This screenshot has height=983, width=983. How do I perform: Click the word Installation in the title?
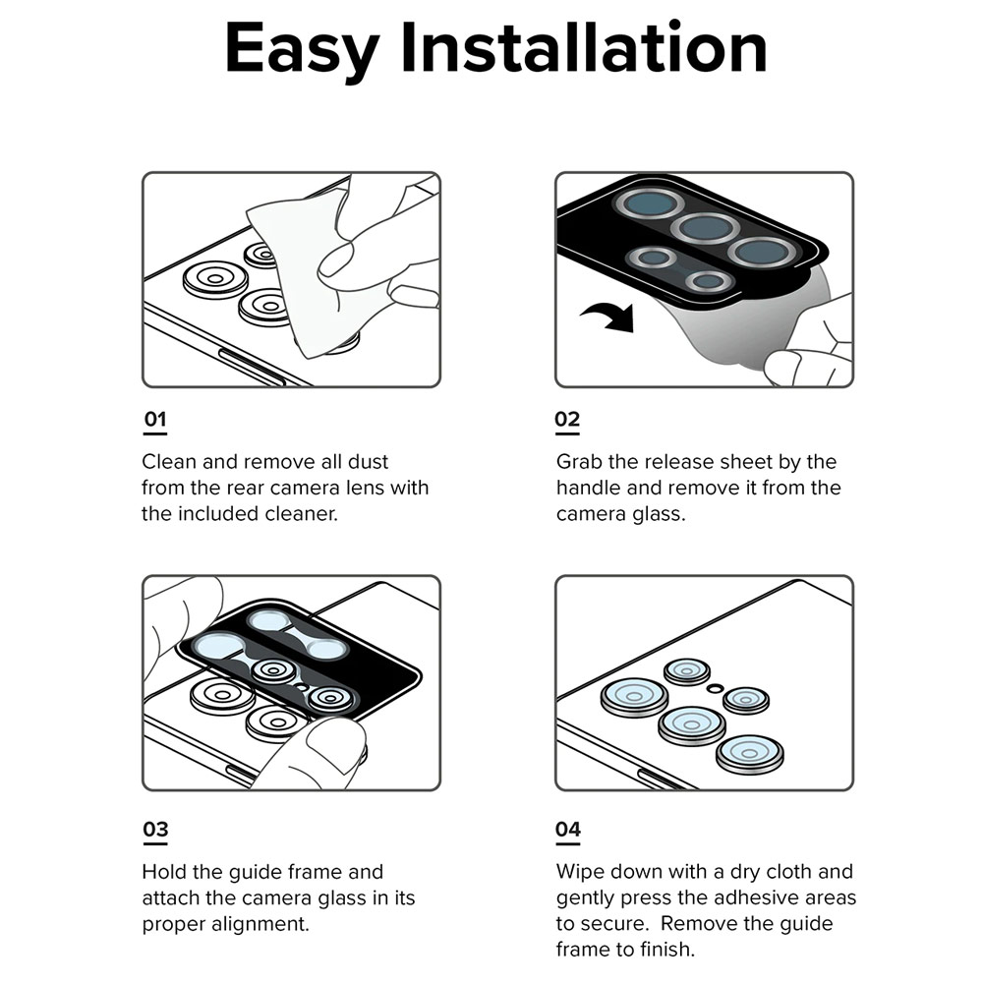[584, 46]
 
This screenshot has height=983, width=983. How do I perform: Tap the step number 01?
[155, 419]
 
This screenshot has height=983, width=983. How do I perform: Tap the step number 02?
[567, 419]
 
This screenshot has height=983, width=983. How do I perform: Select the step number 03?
[155, 829]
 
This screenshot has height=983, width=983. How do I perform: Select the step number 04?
[568, 829]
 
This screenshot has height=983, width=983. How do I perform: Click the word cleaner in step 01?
[301, 513]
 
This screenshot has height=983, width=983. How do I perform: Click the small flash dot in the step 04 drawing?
[715, 688]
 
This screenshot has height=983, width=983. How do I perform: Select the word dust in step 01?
[368, 461]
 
